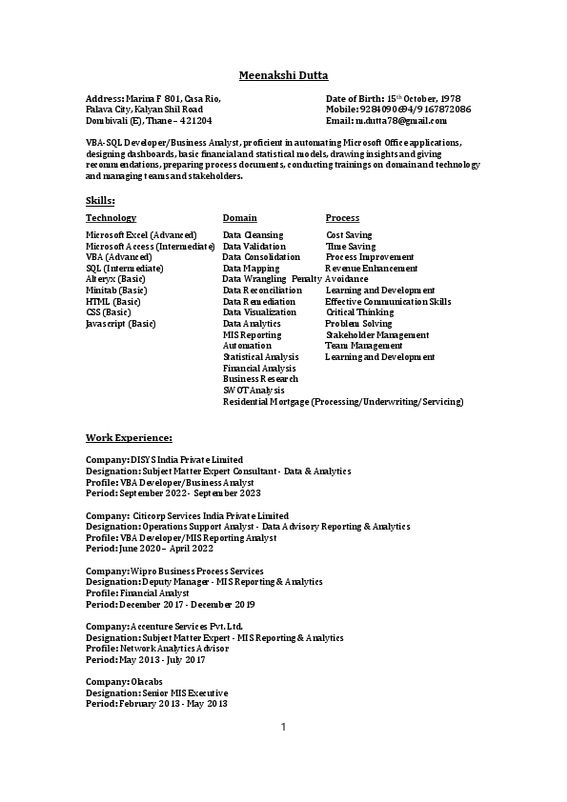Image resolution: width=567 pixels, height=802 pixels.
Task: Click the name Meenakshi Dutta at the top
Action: click(282, 75)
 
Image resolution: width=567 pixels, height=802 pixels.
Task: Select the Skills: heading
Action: click(100, 201)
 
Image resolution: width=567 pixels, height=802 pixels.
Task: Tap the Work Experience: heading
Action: click(129, 437)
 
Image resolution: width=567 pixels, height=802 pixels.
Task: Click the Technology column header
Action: click(111, 218)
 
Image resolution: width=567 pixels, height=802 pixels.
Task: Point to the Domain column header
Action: click(239, 218)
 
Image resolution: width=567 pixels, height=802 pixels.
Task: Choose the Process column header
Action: click(342, 218)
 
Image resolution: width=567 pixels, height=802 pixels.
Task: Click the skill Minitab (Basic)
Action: click(116, 291)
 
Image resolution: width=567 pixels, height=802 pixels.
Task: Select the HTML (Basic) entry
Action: click(112, 302)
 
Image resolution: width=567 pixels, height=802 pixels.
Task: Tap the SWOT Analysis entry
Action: click(253, 391)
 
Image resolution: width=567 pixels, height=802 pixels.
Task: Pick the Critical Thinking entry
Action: click(359, 312)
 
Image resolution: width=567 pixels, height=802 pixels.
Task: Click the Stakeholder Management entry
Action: click(376, 335)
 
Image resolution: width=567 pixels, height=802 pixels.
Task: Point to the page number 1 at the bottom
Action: click(283, 728)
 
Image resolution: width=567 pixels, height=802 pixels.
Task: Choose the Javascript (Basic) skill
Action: click(121, 324)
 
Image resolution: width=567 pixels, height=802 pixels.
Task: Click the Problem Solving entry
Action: click(358, 324)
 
